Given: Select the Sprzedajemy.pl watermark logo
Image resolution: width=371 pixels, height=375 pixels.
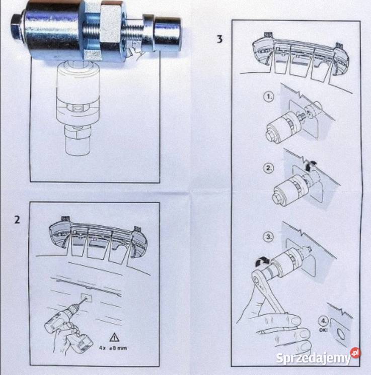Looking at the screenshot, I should tap(318, 358).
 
